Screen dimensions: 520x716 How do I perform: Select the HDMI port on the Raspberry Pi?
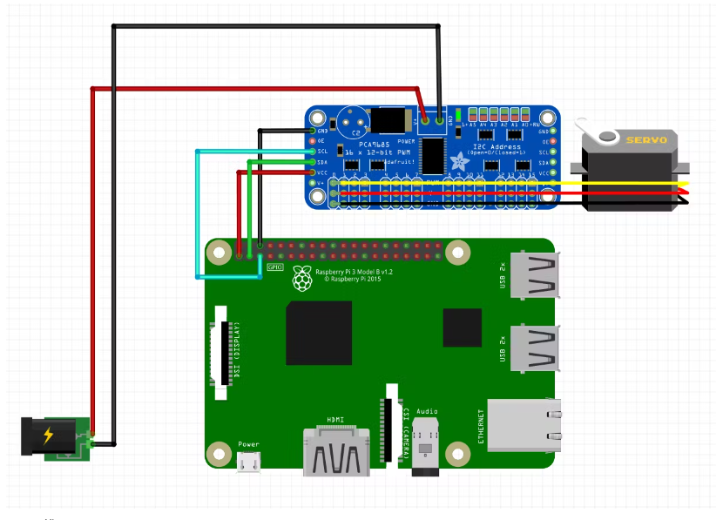click(335, 452)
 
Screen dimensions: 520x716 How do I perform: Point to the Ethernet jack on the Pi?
click(523, 425)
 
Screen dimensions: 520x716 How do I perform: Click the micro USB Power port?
click(249, 463)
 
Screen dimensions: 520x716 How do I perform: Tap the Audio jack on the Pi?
click(426, 445)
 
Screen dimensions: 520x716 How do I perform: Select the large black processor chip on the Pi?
click(319, 333)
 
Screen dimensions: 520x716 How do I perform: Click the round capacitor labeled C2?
click(351, 121)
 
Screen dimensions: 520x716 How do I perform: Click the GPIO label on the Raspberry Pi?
click(275, 267)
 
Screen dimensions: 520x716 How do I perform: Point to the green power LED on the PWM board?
click(459, 115)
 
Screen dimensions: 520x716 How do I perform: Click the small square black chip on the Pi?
click(462, 328)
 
